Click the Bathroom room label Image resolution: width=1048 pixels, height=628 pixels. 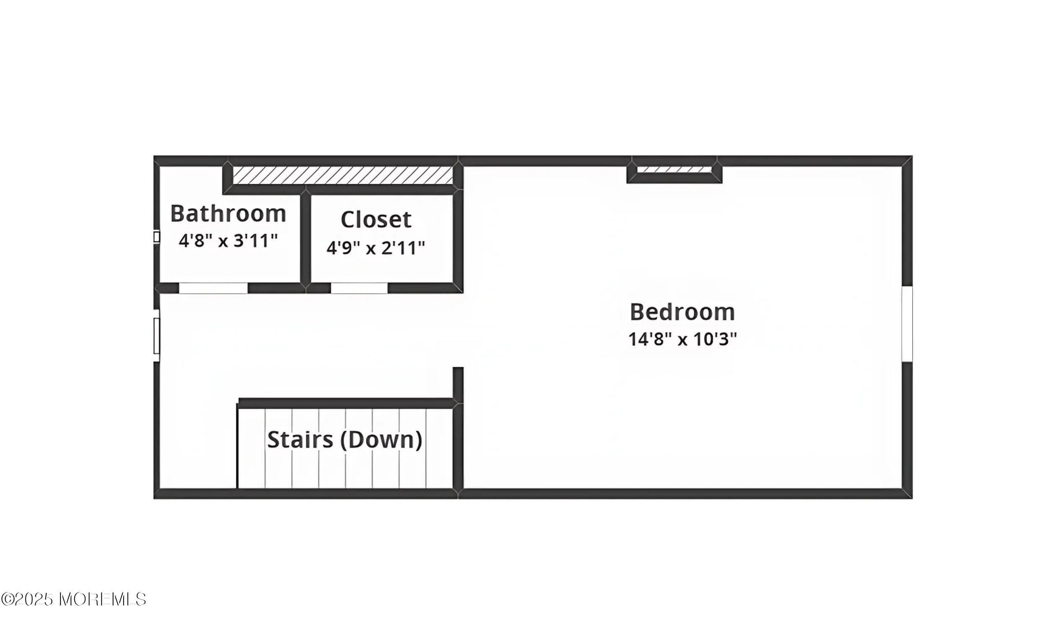point(228,214)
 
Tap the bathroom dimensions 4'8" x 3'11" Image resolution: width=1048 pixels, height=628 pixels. point(228,241)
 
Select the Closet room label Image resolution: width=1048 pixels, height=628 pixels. point(376,220)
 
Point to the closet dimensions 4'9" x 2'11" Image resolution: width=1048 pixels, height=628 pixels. point(376,247)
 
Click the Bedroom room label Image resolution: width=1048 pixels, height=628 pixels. point(682,312)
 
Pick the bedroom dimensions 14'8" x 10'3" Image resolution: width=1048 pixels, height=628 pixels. point(682,339)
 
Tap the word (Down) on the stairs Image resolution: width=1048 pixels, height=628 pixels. point(381,440)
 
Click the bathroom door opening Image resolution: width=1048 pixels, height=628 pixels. point(213,288)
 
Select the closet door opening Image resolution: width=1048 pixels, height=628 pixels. point(359,288)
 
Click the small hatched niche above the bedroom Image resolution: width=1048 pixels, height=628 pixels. point(674,169)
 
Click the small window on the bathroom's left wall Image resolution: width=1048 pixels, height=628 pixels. point(157,237)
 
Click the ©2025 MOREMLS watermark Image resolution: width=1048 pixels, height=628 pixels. point(74,599)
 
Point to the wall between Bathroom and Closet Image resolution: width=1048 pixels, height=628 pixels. point(306,239)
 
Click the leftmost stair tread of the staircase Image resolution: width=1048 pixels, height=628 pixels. point(251,448)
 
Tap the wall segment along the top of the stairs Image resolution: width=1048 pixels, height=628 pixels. point(346,403)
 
